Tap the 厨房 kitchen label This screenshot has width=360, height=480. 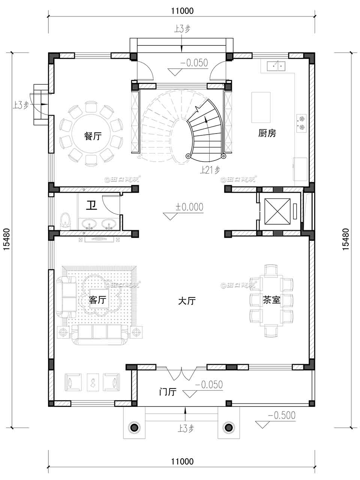pyautogui.click(x=267, y=133)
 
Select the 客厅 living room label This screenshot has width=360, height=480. pyautogui.click(x=98, y=300)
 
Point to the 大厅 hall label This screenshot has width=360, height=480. pyautogui.click(x=186, y=301)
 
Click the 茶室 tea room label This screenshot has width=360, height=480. pyautogui.click(x=271, y=300)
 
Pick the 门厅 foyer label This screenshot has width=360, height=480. pyautogui.click(x=167, y=392)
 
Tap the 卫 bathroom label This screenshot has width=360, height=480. pyautogui.click(x=91, y=205)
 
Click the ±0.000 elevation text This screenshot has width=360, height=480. pyautogui.click(x=189, y=207)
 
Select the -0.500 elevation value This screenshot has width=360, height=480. pyautogui.click(x=281, y=415)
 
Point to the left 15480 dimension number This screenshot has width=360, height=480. pyautogui.click(x=6, y=239)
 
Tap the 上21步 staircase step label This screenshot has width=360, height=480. pyautogui.click(x=210, y=170)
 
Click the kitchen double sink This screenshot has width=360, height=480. pyautogui.click(x=276, y=66)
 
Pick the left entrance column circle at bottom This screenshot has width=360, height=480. pyautogui.click(x=134, y=427)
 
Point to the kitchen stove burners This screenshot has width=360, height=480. pyautogui.click(x=301, y=124)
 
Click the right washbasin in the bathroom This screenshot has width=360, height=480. pyautogui.click(x=109, y=224)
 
